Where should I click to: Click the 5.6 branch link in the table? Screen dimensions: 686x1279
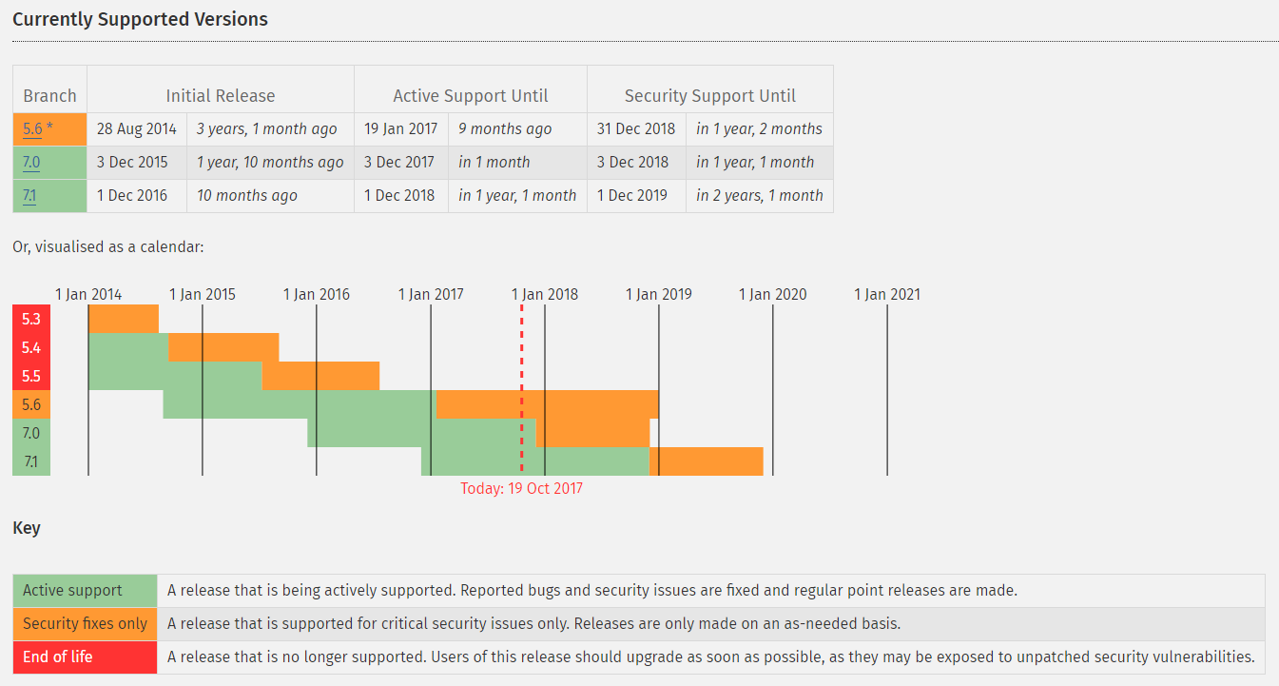click(x=32, y=129)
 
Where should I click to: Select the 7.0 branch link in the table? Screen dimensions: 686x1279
click(x=31, y=163)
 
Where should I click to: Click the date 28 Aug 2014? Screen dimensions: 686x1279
click(x=137, y=129)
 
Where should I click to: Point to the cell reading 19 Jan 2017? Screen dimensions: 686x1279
click(x=400, y=129)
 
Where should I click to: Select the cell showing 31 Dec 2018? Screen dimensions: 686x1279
click(x=636, y=129)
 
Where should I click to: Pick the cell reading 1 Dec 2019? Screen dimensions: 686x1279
click(x=632, y=196)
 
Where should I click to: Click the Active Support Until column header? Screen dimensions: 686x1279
click(x=471, y=96)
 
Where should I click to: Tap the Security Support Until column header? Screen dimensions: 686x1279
click(x=710, y=96)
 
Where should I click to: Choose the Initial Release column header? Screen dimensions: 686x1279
click(x=221, y=96)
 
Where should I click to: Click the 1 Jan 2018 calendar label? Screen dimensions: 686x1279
click(x=545, y=294)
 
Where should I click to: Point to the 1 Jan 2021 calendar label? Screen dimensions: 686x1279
click(x=887, y=294)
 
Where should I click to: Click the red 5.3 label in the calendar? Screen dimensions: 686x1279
click(x=31, y=319)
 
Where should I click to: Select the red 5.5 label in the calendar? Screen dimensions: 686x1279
click(x=31, y=376)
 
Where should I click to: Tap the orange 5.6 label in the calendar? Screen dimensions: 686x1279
click(x=31, y=404)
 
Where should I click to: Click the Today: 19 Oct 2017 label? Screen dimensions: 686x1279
click(x=521, y=488)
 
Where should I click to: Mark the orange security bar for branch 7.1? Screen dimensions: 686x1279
click(x=707, y=461)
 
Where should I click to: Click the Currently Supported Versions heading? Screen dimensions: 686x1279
click(x=140, y=19)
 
